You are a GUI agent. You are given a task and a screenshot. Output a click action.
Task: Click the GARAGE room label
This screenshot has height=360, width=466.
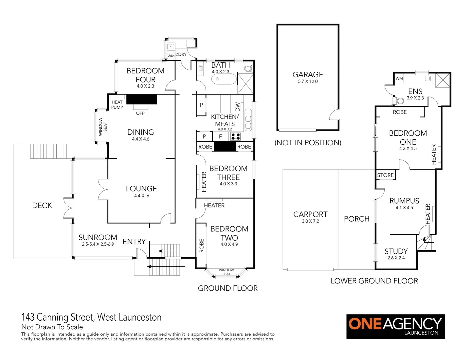(x=308, y=75)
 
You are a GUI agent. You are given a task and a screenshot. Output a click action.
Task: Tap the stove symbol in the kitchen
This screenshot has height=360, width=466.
(x=236, y=136)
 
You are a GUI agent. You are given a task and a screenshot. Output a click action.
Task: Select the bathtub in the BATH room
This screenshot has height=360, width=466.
(x=223, y=79)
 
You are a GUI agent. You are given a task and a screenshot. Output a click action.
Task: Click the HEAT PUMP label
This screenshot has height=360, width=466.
(x=117, y=105)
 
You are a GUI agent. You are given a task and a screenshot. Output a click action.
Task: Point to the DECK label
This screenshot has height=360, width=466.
(x=42, y=205)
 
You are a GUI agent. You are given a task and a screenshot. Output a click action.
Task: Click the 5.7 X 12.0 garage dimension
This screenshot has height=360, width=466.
(x=308, y=82)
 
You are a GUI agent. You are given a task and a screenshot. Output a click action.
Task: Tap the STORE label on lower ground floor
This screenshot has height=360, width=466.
(x=385, y=175)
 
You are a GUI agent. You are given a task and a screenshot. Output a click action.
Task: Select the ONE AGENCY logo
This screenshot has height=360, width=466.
(x=395, y=326)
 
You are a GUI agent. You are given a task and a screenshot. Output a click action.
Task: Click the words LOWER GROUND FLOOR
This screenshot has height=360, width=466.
(x=374, y=281)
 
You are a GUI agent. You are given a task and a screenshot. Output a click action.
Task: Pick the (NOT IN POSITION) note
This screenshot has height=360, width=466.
(x=308, y=143)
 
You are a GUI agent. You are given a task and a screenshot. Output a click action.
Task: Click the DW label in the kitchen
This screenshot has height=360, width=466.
(x=238, y=107)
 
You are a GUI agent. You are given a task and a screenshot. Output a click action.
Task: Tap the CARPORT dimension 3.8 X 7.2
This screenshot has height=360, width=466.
(x=310, y=221)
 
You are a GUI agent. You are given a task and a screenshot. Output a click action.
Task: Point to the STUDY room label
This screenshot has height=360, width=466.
(x=396, y=251)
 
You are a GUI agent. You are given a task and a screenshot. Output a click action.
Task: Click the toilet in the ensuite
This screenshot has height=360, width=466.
(x=400, y=100)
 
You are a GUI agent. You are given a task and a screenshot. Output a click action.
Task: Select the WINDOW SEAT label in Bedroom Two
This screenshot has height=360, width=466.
(x=226, y=272)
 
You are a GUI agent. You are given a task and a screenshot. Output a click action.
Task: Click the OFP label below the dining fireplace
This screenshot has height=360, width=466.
(x=140, y=113)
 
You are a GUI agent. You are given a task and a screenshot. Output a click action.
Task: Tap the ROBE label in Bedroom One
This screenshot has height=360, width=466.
(x=400, y=112)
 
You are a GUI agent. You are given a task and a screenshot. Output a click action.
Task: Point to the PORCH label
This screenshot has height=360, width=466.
(x=357, y=219)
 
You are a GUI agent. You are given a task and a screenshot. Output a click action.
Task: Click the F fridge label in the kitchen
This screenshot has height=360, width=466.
(x=220, y=136)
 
